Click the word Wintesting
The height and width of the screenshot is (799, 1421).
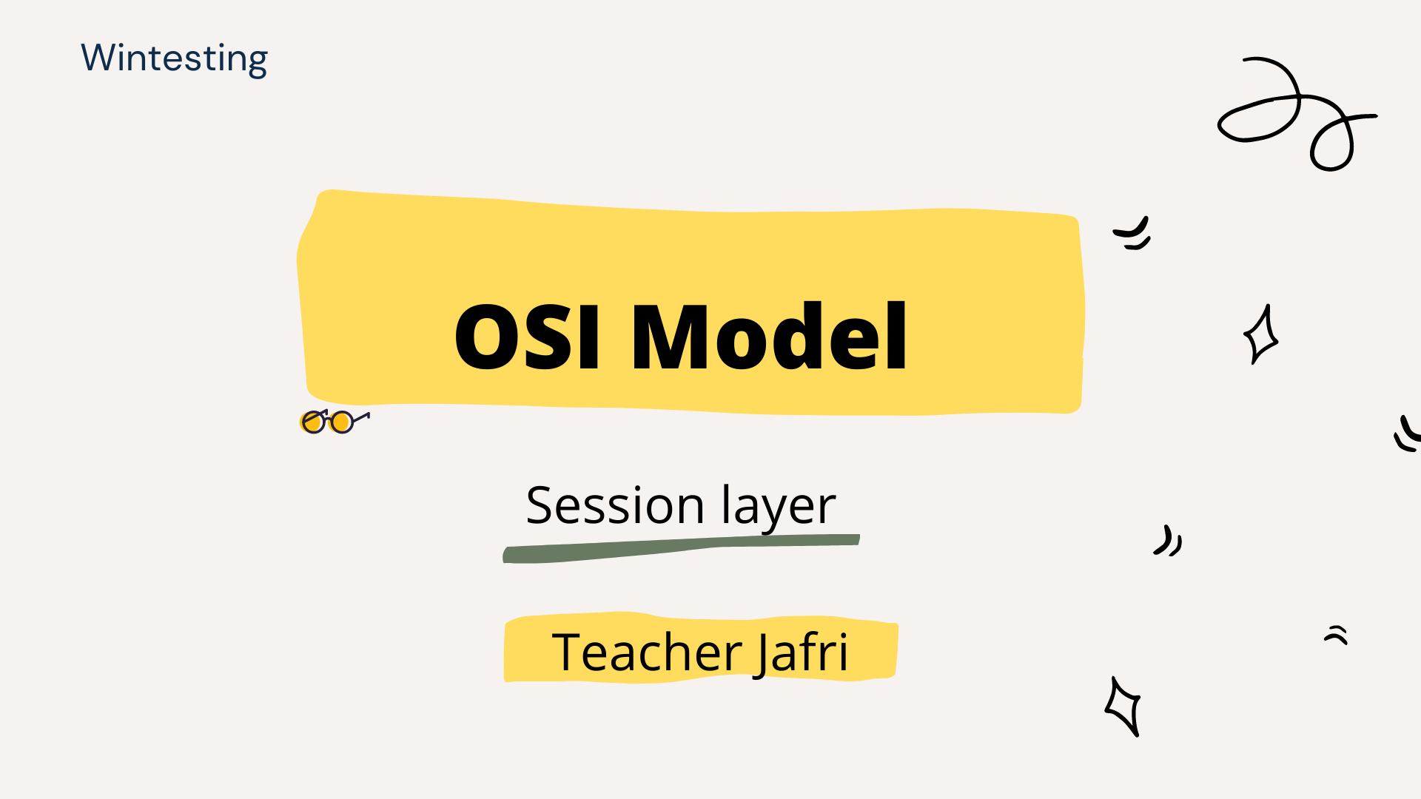point(174,58)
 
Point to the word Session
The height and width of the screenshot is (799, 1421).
point(615,506)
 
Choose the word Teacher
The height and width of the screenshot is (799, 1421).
point(647,652)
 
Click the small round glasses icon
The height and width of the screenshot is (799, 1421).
point(335,421)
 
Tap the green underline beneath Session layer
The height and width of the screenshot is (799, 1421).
point(681,548)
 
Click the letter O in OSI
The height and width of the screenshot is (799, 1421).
point(486,337)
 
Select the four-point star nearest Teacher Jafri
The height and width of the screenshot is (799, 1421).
point(1123,707)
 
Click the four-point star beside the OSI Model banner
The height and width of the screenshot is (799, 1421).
point(1261,334)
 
